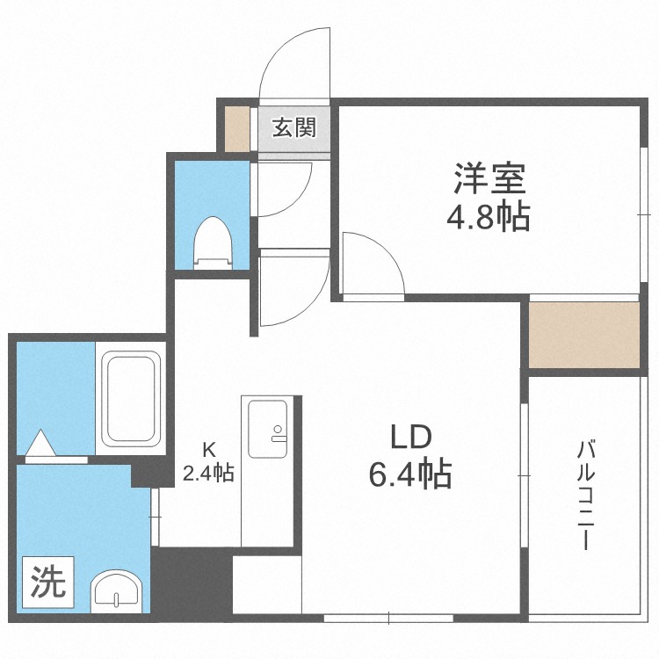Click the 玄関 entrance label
[293, 128]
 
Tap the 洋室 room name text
[489, 180]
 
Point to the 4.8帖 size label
[489, 215]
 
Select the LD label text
[409, 437]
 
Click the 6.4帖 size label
[409, 474]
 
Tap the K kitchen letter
[208, 451]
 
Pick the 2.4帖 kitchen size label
[208, 474]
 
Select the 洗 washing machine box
[49, 583]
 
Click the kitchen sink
[267, 429]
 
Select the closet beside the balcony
[583, 335]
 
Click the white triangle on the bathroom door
[41, 444]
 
